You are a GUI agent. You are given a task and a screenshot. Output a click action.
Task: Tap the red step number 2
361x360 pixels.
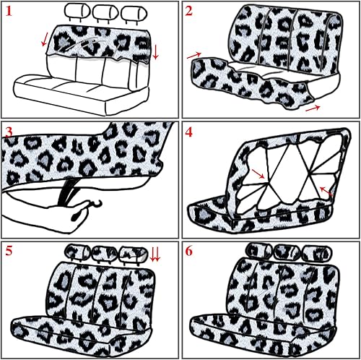coord(189,12)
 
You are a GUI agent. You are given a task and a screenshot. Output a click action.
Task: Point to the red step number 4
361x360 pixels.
coord(189,132)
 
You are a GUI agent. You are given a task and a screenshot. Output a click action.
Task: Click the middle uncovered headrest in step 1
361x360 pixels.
coord(104,12)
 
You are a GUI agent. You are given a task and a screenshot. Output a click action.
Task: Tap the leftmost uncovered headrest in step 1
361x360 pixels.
coord(77,12)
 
